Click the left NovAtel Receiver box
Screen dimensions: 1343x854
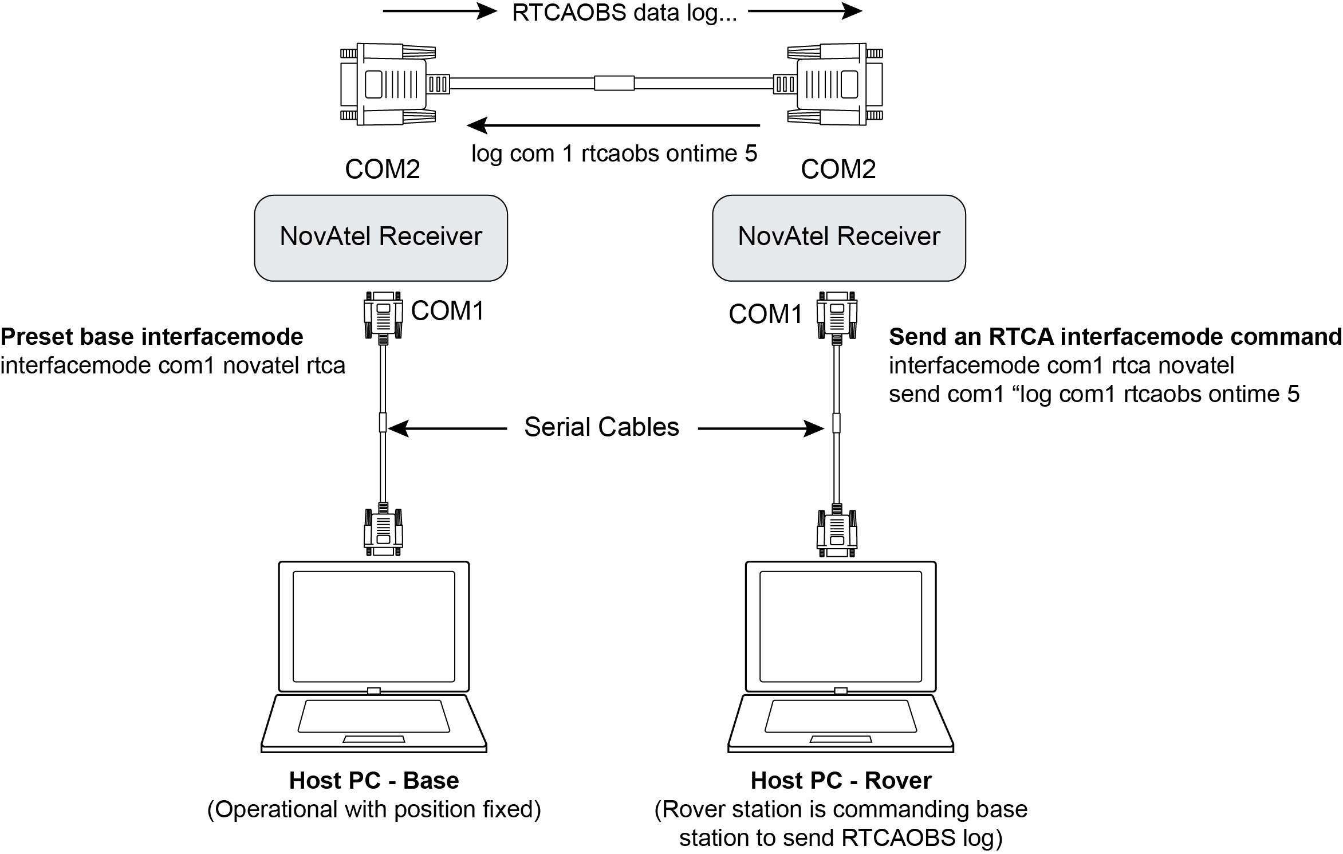[381, 238]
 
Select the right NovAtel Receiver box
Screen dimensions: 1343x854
[838, 238]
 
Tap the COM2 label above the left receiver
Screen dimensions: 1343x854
[383, 169]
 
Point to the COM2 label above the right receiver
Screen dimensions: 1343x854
[838, 169]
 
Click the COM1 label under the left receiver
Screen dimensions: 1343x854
[448, 311]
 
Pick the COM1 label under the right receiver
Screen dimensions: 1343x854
[766, 314]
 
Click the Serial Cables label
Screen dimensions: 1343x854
[601, 427]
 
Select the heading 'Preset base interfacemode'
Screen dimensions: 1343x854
[152, 337]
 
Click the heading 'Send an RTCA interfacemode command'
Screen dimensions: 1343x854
[1114, 337]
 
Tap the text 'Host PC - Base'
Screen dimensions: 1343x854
[374, 781]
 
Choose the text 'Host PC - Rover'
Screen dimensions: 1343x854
[841, 781]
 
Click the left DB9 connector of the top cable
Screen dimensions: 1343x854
[388, 84]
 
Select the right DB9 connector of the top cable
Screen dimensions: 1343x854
[834, 84]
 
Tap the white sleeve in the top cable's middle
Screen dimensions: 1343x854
[614, 84]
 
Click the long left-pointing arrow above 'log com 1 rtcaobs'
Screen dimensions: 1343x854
[613, 125]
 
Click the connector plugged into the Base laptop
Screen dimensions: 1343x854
[383, 530]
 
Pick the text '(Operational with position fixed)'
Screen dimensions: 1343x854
[374, 809]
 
